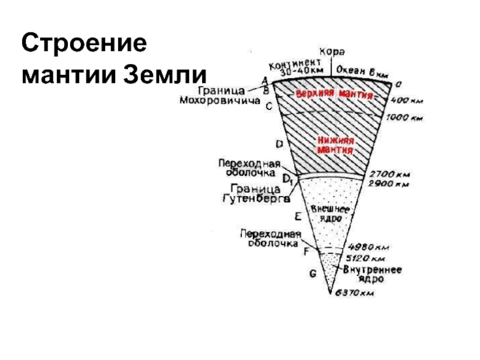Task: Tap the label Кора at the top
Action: click(x=331, y=52)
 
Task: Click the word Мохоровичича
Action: click(x=220, y=101)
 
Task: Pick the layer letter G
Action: click(x=312, y=274)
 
